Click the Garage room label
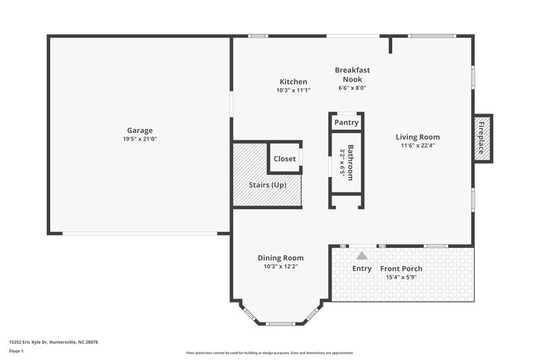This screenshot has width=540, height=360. [x=140, y=130]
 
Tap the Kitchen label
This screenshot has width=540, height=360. [x=293, y=82]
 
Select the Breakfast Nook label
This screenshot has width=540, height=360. [x=352, y=74]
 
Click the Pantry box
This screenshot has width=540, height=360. [x=346, y=123]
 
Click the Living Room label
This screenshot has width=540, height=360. [x=418, y=137]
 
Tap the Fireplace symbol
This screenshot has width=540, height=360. [x=482, y=138]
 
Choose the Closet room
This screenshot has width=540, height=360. [x=284, y=159]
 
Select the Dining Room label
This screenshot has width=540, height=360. [x=280, y=257]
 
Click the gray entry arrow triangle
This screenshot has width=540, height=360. [x=362, y=255]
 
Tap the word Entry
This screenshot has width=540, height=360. [x=362, y=269]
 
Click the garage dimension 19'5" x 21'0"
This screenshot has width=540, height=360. [x=140, y=139]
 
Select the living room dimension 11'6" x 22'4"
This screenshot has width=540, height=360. [x=418, y=146]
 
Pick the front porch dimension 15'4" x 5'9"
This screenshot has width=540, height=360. [x=404, y=277]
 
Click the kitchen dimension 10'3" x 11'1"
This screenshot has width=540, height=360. [x=293, y=90]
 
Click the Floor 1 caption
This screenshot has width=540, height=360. [x=16, y=352]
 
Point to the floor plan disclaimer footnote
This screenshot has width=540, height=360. [x=269, y=353]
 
